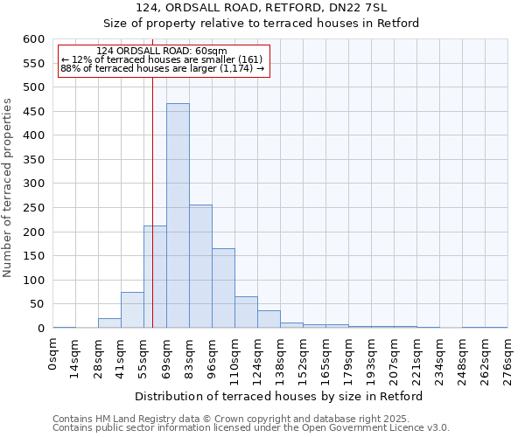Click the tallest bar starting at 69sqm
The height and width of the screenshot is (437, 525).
tap(178, 216)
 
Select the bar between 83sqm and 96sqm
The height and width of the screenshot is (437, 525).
tap(200, 267)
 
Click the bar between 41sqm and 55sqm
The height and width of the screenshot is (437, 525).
tap(132, 310)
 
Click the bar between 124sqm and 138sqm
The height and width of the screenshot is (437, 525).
tap(269, 319)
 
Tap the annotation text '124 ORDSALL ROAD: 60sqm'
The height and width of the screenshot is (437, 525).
tap(162, 51)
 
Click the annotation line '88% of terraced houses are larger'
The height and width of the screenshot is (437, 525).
tap(162, 68)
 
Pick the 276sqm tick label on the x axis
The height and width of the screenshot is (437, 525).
tap(508, 358)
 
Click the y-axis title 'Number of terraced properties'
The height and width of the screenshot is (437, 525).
tap(8, 188)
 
